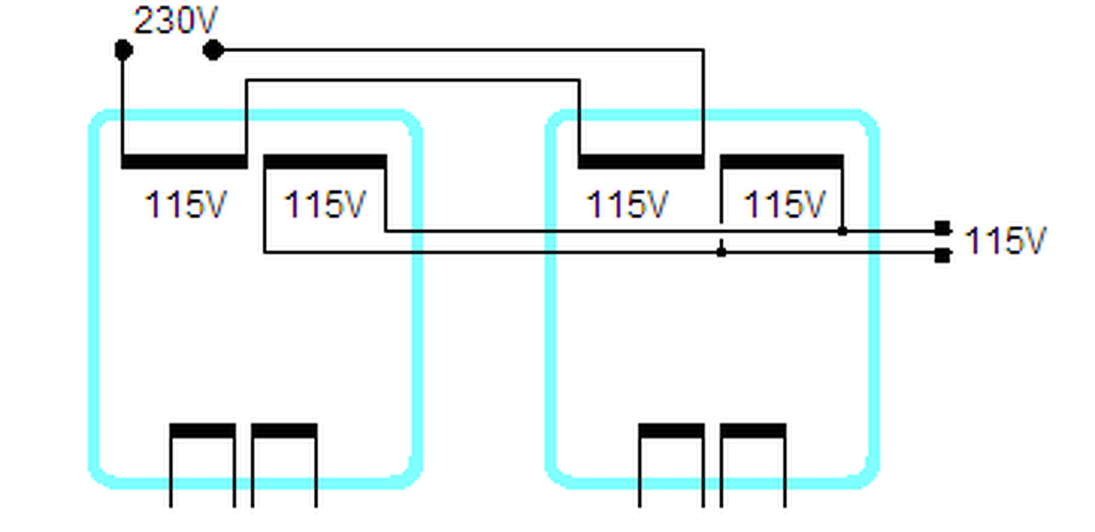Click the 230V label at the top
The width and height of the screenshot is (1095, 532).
(176, 21)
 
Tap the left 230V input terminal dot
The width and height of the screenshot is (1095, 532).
(123, 50)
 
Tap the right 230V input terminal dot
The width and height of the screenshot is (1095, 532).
(213, 50)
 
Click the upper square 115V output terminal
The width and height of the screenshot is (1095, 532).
(942, 228)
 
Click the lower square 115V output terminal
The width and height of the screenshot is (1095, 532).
(942, 255)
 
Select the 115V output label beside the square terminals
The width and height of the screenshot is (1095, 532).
(1005, 241)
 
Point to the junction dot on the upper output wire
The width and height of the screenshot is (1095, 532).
(843, 231)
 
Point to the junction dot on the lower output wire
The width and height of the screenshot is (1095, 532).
(721, 252)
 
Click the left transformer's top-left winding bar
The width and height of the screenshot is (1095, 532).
(184, 162)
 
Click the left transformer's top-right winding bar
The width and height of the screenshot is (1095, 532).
(325, 162)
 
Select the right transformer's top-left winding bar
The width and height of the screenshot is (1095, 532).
(642, 162)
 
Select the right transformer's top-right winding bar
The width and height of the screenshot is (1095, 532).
(782, 162)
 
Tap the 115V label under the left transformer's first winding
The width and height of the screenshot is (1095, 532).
(186, 205)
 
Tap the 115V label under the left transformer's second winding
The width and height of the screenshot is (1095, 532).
(325, 205)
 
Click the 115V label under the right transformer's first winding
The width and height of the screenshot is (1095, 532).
(627, 205)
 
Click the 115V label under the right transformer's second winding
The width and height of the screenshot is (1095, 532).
(784, 205)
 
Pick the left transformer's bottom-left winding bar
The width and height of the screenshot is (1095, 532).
(202, 430)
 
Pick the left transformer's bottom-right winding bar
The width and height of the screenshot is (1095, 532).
(284, 430)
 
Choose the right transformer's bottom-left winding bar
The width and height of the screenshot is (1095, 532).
(672, 430)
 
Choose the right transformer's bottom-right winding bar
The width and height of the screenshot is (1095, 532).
(753, 430)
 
